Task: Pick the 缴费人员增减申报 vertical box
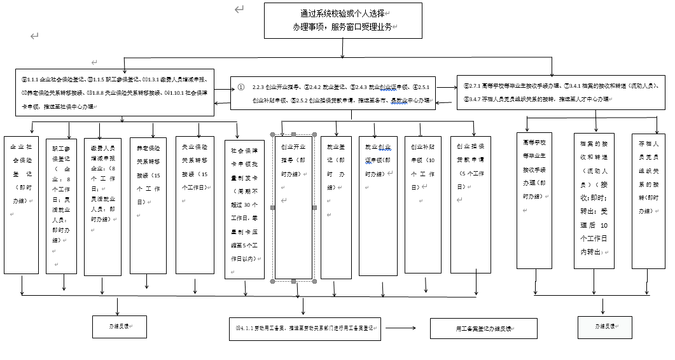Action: pyautogui.click(x=102, y=206)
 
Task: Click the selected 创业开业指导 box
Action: pyautogui.click(x=293, y=207)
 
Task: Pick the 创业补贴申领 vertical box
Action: pyautogui.click(x=423, y=204)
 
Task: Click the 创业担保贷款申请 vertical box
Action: pyautogui.click(x=470, y=204)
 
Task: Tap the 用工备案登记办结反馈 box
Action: pyautogui.click(x=484, y=328)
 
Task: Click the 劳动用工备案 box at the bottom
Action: pyautogui.click(x=305, y=328)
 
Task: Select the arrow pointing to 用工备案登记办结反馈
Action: pyautogui.click(x=401, y=328)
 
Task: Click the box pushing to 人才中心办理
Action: pyautogui.click(x=562, y=92)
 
